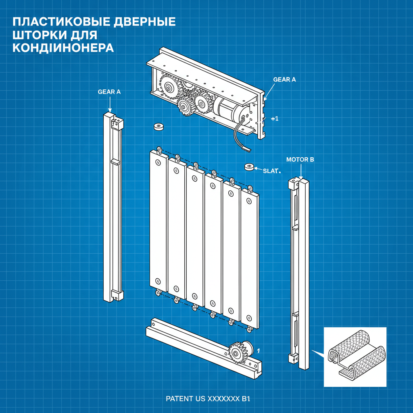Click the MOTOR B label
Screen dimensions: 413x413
300,160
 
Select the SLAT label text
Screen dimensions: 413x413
271,171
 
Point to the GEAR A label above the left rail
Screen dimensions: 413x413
109,92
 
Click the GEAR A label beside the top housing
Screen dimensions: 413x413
284,79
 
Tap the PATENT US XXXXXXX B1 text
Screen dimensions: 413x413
208,399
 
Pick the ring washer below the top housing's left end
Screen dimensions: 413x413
158,127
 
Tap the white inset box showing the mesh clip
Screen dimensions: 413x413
355,357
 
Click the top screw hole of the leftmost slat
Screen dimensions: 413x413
158,162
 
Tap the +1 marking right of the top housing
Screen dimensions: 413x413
275,119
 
